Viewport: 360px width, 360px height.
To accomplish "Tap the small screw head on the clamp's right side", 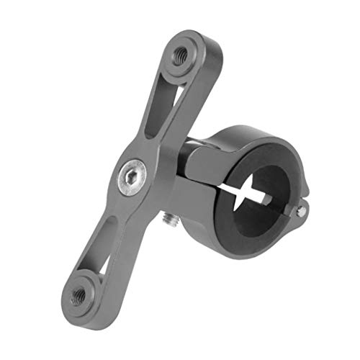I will (x=302, y=210).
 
